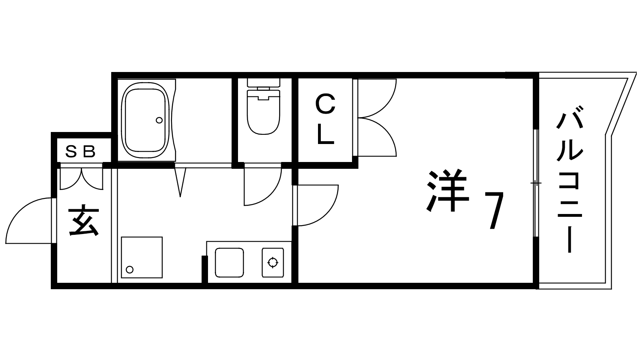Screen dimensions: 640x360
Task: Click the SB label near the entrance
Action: coord(80,152)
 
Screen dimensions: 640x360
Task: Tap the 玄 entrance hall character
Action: coord(84,220)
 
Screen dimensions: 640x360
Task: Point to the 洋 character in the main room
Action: coord(448,190)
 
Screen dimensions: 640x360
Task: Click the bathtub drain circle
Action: coord(159,120)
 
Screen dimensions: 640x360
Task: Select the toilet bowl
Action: coord(264,112)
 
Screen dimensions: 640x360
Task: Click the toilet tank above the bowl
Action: coord(264,83)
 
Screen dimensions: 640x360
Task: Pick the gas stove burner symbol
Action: coord(273,262)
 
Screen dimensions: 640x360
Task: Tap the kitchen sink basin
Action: coord(230,262)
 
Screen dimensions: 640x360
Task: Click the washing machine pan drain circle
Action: coord(130,270)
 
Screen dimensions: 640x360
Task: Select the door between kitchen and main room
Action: coord(316,205)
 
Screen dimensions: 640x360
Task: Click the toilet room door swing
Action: coord(262,186)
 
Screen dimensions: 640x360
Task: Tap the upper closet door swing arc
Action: coord(377,98)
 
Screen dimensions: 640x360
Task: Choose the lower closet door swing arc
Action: coord(377,137)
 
